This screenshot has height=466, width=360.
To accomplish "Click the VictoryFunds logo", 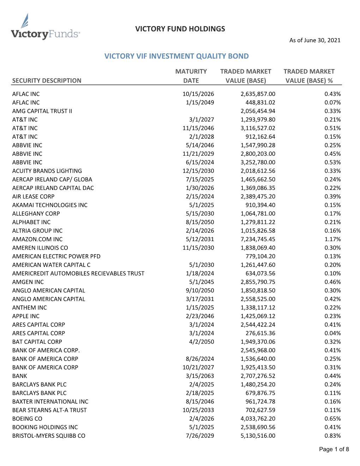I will (45, 28).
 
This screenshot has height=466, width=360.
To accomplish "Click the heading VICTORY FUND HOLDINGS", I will (180, 29).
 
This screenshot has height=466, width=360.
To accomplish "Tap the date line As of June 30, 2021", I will (315, 40).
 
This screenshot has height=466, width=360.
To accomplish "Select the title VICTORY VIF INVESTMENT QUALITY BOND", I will (176, 56).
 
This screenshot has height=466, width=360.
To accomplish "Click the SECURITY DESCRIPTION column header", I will (47, 80).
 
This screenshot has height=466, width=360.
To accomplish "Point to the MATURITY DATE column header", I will (191, 76).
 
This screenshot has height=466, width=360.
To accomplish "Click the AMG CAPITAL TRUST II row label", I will (42, 111).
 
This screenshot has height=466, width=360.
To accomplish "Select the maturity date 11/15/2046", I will (198, 128).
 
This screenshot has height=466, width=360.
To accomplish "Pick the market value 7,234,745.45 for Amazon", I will (258, 239).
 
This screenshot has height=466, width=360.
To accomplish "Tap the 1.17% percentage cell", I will (332, 239).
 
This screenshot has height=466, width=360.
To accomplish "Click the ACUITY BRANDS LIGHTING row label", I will (47, 171).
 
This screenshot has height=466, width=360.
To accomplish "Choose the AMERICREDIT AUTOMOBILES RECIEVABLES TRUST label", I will (78, 273).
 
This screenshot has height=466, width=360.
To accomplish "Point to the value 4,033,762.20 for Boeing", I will (258, 419).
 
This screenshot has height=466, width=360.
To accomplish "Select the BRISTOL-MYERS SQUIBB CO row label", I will (49, 436).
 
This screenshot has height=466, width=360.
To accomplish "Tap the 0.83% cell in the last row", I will (332, 436).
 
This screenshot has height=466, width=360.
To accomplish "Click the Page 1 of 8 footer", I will (334, 449).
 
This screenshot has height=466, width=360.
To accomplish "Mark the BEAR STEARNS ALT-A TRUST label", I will (49, 410).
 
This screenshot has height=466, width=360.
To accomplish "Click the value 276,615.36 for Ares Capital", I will (260, 333).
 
